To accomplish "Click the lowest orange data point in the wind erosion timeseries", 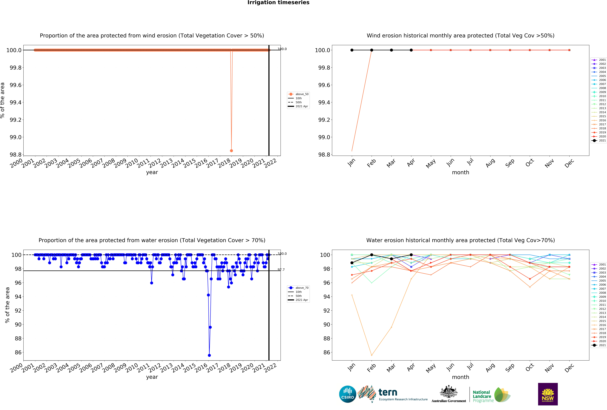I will pyautogui.click(x=231, y=151).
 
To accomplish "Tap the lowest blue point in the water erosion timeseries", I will pyautogui.click(x=209, y=355).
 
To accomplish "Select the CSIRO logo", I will pyautogui.click(x=348, y=394).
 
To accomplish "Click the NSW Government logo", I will pyautogui.click(x=548, y=394).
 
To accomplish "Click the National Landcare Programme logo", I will pyautogui.click(x=491, y=395).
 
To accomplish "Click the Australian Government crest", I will pyautogui.click(x=449, y=392).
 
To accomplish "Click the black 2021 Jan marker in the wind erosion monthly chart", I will pyautogui.click(x=352, y=50).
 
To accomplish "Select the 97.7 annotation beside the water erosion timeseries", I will pyautogui.click(x=281, y=270).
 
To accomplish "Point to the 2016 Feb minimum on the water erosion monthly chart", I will pyautogui.click(x=372, y=355).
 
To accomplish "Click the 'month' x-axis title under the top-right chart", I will pyautogui.click(x=460, y=172).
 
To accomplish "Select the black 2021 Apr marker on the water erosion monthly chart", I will pyautogui.click(x=411, y=255).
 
